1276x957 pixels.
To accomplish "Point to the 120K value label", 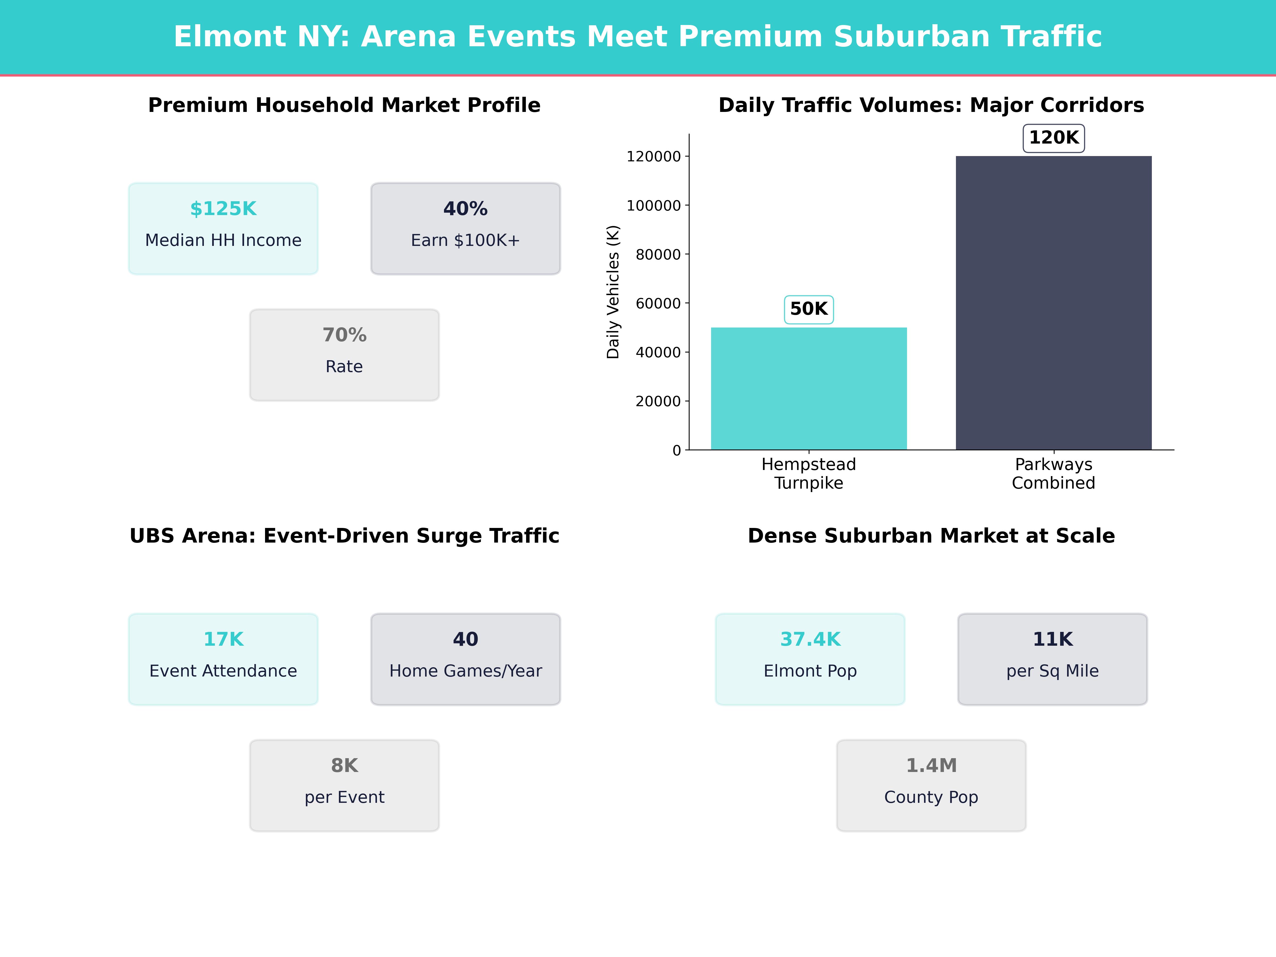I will pyautogui.click(x=1053, y=138).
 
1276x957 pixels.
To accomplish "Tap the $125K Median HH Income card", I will pyautogui.click(x=223, y=228).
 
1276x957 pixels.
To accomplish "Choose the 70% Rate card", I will pyautogui.click(x=344, y=355).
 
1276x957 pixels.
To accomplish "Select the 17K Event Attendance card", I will pyautogui.click(x=223, y=659).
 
